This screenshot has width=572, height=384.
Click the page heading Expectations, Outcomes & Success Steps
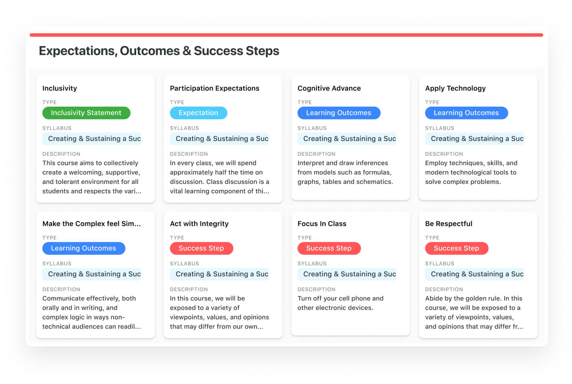[159, 50]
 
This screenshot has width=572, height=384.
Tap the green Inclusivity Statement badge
[86, 113]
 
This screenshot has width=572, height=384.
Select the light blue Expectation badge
[198, 113]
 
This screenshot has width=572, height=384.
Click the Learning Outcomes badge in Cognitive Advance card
[339, 113]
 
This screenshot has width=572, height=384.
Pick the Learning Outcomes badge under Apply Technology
[467, 113]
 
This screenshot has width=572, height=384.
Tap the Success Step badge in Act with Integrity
[201, 248]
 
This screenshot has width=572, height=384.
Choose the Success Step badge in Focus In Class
[329, 248]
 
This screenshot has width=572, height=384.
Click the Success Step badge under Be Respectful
[457, 248]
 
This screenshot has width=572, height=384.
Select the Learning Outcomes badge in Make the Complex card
[84, 248]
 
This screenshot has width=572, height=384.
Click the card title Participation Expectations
[214, 88]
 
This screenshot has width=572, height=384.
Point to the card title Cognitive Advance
[329, 88]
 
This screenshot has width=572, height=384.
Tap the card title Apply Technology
[455, 88]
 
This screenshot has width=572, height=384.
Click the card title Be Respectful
[449, 224]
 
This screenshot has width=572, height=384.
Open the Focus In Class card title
[322, 224]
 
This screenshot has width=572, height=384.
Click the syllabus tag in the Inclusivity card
[92, 139]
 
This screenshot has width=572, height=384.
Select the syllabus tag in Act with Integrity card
[219, 274]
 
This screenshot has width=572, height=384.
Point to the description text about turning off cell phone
[340, 303]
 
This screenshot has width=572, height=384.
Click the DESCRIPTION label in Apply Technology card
[444, 154]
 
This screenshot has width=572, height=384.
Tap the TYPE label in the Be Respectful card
[432, 238]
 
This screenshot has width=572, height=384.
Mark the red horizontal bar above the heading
[286, 35]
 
